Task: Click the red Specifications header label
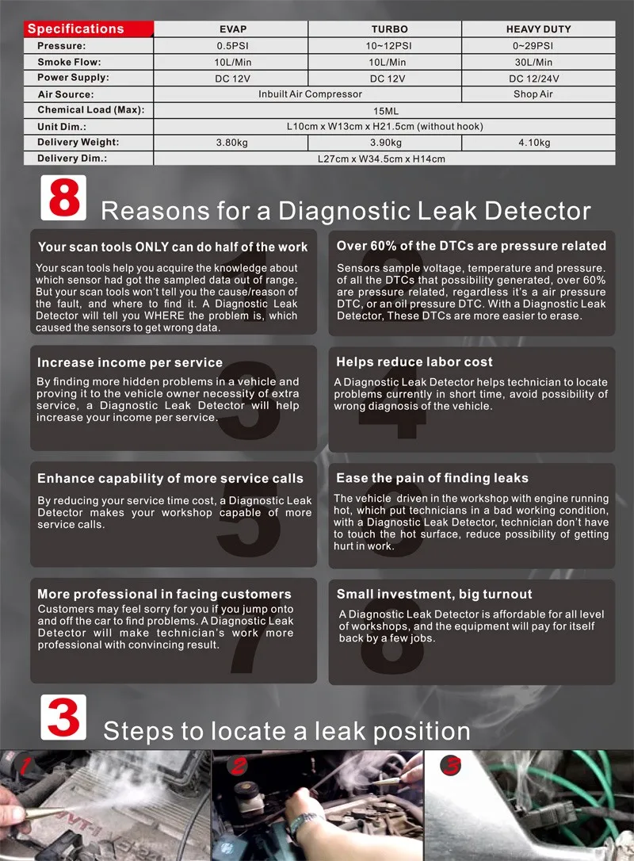coord(76,29)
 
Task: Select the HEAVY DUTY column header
coord(538,29)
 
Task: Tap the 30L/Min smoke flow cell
coord(538,62)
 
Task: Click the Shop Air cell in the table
coord(538,94)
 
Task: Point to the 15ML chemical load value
coord(384,110)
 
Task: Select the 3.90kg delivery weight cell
coord(384,143)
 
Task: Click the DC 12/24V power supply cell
coord(538,78)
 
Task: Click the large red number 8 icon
coord(63,198)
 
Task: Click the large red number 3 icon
coord(63,717)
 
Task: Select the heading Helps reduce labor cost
coord(414,362)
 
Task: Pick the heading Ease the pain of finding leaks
coord(432,478)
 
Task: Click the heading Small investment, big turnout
coord(434,594)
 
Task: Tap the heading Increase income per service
coord(130,362)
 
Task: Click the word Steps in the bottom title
coord(144,730)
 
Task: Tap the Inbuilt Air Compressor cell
coord(310,94)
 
